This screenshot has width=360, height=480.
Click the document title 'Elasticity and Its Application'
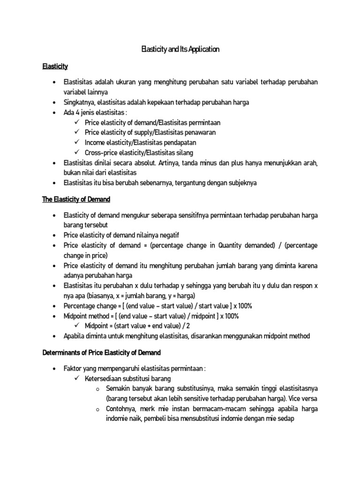(180, 49)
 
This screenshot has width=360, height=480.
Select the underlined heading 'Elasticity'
(55, 67)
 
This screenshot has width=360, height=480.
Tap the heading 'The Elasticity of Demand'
(76, 199)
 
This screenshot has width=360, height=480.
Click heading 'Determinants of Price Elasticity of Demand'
(101, 352)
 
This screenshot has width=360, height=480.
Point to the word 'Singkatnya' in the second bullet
(78, 103)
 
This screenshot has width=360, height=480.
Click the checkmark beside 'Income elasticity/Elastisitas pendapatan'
(77, 142)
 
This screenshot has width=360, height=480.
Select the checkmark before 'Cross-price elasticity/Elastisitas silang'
(77, 152)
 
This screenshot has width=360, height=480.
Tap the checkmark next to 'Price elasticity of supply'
(77, 132)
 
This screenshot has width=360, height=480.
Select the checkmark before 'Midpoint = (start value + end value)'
(77, 326)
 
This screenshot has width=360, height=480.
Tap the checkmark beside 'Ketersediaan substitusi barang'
(77, 378)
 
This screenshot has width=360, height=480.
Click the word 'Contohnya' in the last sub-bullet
(120, 409)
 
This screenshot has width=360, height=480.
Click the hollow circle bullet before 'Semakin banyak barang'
(97, 389)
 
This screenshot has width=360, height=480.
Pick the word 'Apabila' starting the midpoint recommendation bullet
(74, 336)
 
